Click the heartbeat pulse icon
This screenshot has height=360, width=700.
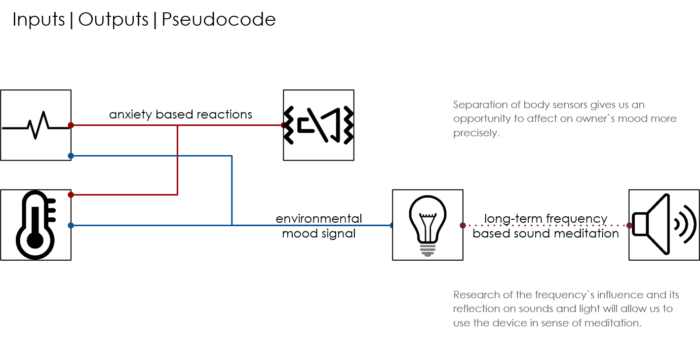pyautogui.click(x=36, y=125)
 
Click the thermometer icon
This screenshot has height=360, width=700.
pyautogui.click(x=36, y=224)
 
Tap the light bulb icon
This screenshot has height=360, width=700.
pyautogui.click(x=428, y=225)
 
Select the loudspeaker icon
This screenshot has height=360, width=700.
pyautogui.click(x=663, y=225)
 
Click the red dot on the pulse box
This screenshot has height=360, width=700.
pyautogui.click(x=71, y=125)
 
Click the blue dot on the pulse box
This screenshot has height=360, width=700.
pyautogui.click(x=71, y=156)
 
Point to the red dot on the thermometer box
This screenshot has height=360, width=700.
pyautogui.click(x=71, y=195)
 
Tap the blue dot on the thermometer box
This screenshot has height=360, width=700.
pyautogui.click(x=71, y=225)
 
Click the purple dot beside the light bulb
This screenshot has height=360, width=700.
pyautogui.click(x=463, y=225)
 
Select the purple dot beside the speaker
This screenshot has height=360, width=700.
pyautogui.click(x=629, y=225)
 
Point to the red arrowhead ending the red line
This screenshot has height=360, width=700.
pyautogui.click(x=283, y=125)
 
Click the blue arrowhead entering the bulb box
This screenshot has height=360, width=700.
pyautogui.click(x=391, y=225)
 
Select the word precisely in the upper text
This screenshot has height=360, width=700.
pyautogui.click(x=476, y=133)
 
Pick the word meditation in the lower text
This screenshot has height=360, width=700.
pyautogui.click(x=612, y=323)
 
